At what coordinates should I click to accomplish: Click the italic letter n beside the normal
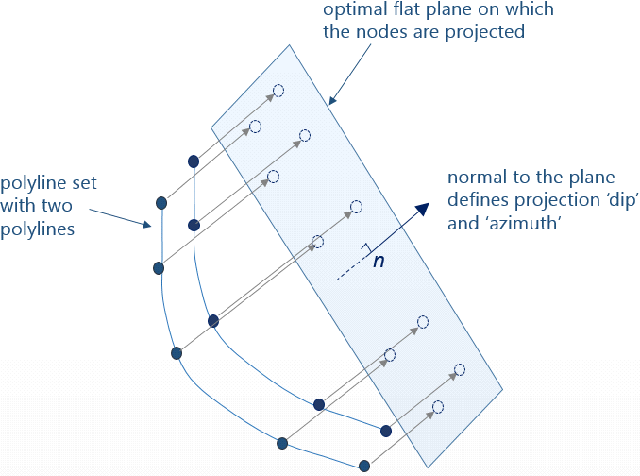click(379, 261)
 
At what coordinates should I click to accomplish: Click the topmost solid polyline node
click(194, 161)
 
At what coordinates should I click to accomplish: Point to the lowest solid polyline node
click(364, 465)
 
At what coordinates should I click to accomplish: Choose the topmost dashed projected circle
click(278, 92)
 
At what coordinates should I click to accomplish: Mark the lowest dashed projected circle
click(437, 407)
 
